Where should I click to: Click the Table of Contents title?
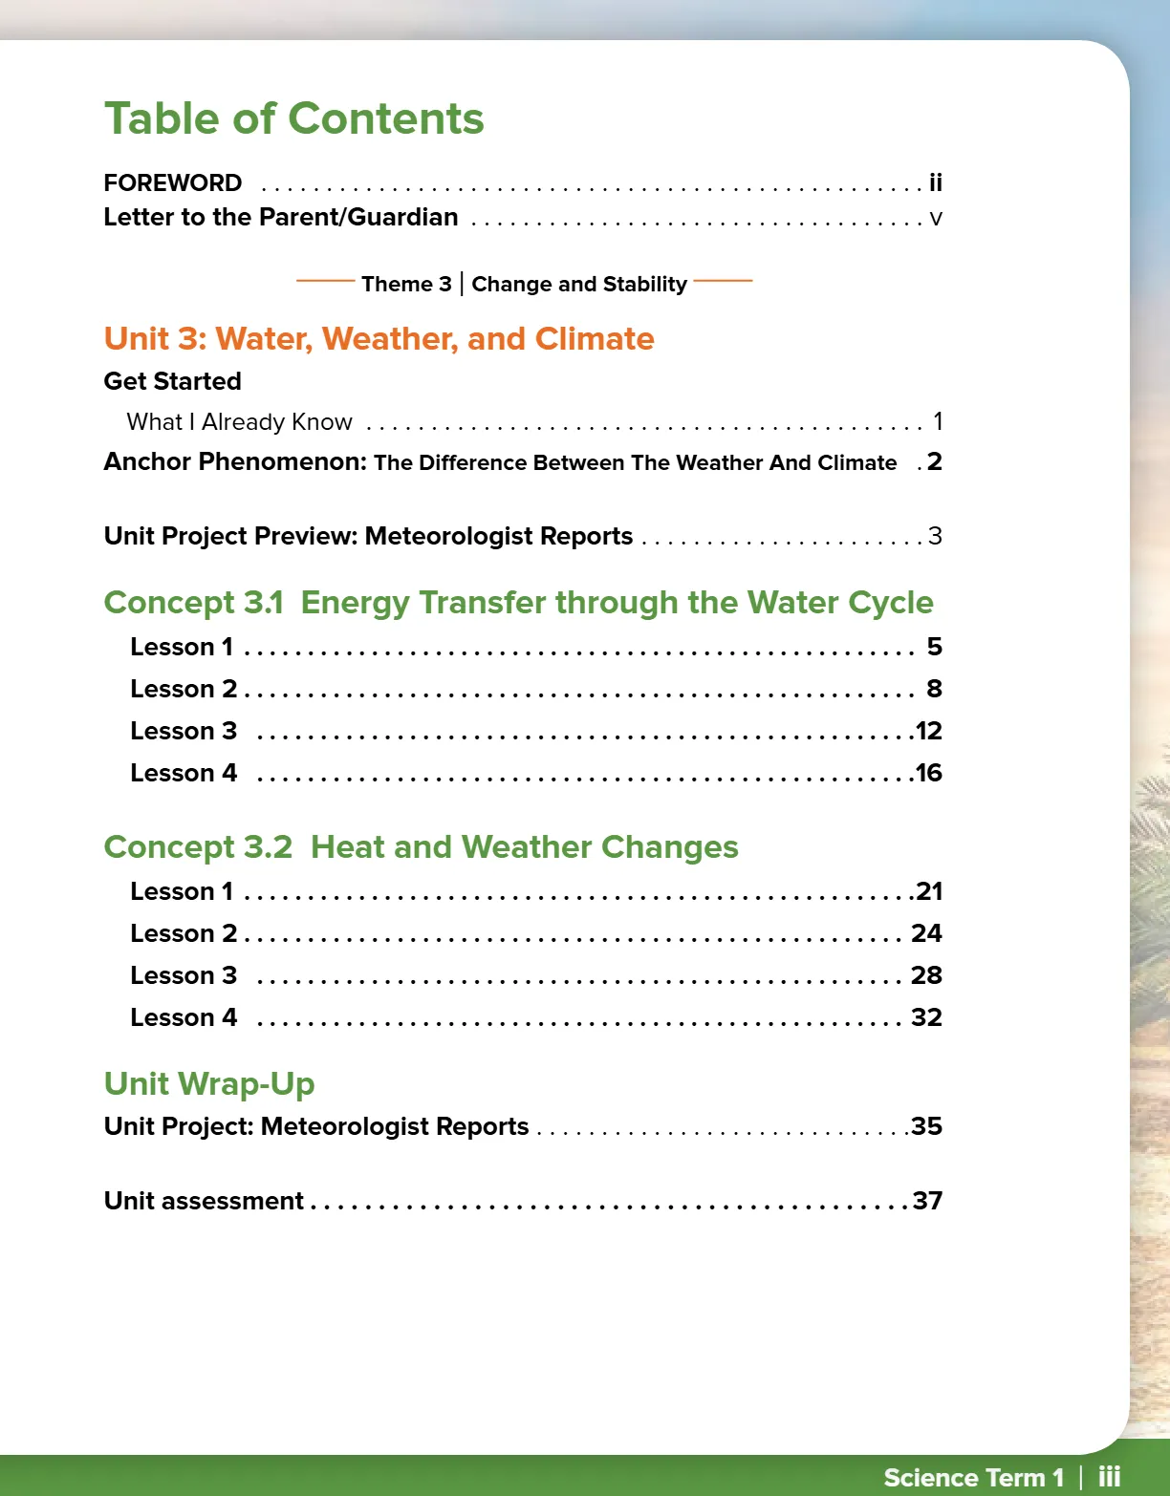293,119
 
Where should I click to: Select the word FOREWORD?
173,182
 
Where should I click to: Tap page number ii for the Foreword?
935,182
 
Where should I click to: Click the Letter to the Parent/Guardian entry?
281,218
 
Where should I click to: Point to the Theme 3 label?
406,284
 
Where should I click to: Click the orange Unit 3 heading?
379,339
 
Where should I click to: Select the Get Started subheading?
172,381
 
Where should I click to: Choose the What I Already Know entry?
239,422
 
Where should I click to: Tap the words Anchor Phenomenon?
235,462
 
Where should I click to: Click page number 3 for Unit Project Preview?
935,536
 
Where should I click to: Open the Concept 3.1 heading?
518,603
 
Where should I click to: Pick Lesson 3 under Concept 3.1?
184,731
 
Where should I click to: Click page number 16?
928,773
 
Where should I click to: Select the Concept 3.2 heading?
421,847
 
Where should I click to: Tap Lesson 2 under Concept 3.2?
184,933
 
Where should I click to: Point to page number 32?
926,1017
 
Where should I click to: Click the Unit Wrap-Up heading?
209,1084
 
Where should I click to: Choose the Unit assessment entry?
204,1201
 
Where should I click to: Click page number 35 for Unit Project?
926,1126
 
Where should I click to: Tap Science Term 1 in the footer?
973,1478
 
